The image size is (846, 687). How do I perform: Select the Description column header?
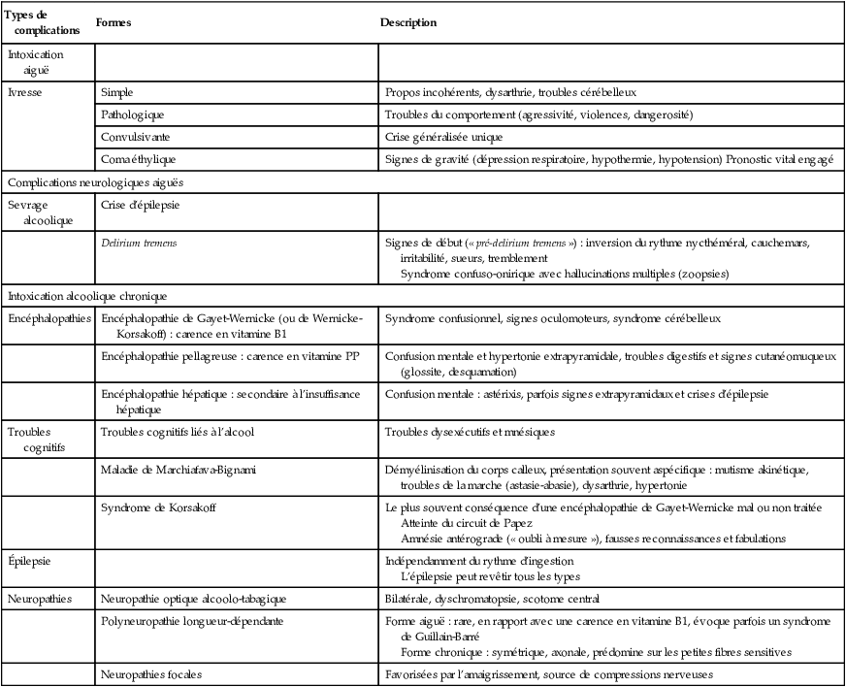(407, 22)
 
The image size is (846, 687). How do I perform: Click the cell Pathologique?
(134, 114)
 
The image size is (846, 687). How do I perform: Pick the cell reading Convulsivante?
(136, 137)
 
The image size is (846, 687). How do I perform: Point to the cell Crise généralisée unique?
(445, 137)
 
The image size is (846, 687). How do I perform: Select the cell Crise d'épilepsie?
(140, 205)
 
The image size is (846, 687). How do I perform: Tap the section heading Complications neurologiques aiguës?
(95, 181)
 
